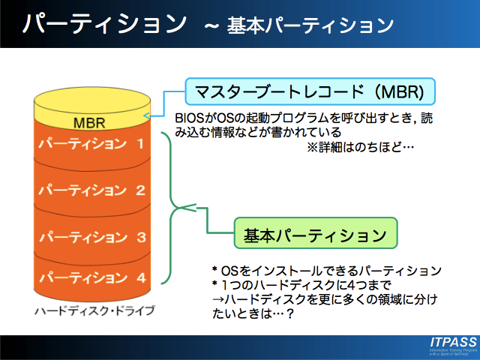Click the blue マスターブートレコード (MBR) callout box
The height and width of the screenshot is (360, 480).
tap(310, 92)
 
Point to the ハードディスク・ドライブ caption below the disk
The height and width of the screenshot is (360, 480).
tap(94, 310)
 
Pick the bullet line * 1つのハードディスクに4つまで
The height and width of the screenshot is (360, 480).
tap(303, 286)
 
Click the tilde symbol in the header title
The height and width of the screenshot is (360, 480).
tap(211, 27)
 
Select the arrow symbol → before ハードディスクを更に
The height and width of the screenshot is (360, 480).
tap(219, 300)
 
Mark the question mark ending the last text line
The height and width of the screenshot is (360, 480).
tap(289, 314)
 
